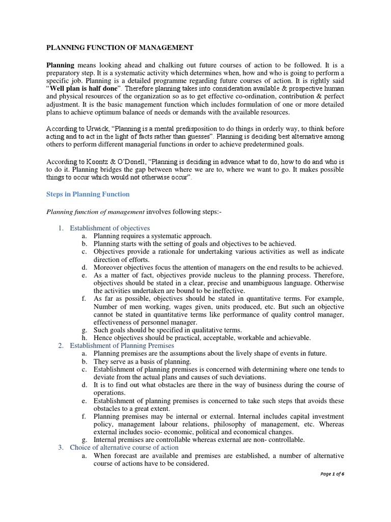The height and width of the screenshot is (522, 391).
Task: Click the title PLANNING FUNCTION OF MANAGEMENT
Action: click(x=120, y=48)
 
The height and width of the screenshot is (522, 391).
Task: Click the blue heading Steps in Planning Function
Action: click(x=88, y=194)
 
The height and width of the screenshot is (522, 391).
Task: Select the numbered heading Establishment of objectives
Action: click(x=109, y=228)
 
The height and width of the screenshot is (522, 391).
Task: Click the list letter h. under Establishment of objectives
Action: click(x=83, y=338)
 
